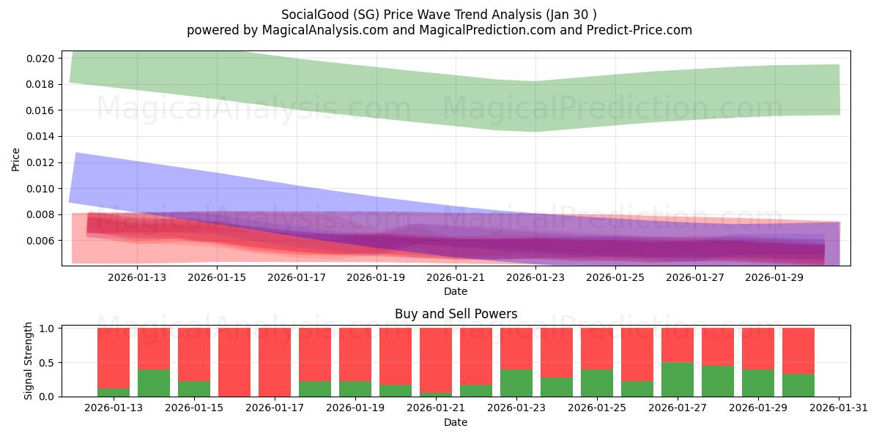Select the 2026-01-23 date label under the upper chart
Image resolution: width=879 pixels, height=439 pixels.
click(535, 278)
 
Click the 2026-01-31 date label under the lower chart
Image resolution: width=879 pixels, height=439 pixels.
click(837, 408)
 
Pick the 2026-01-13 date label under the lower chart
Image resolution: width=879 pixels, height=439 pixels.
click(114, 408)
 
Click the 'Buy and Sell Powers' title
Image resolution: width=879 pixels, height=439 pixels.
click(456, 314)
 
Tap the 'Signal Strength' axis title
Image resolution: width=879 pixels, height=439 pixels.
click(29, 361)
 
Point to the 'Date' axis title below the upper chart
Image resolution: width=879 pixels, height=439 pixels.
click(456, 292)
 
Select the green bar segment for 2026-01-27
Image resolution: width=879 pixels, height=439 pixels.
click(678, 380)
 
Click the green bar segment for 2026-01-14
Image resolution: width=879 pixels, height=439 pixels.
click(154, 383)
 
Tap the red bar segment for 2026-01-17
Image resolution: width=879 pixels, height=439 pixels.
click(275, 361)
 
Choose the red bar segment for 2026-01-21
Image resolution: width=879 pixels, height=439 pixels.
click(436, 360)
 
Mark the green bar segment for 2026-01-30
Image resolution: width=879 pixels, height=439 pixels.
click(798, 386)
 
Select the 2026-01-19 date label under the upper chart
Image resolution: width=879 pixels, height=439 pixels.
click(376, 278)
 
